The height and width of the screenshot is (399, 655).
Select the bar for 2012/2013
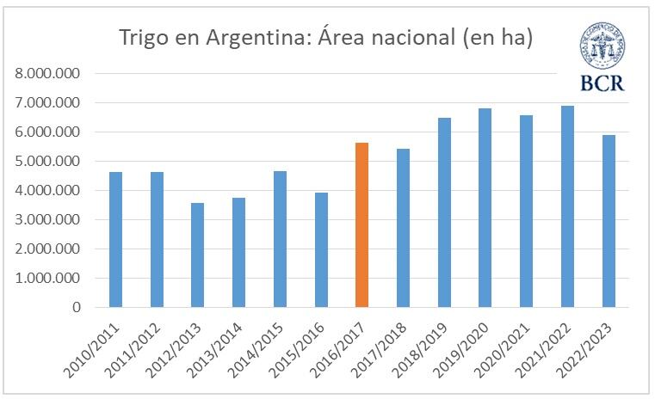197,255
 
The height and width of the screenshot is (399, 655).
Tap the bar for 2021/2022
567,206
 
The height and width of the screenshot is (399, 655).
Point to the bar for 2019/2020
485,208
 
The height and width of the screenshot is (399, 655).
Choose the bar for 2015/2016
321,250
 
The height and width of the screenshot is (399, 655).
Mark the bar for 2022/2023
609,221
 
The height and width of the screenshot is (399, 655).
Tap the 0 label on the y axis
77,308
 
